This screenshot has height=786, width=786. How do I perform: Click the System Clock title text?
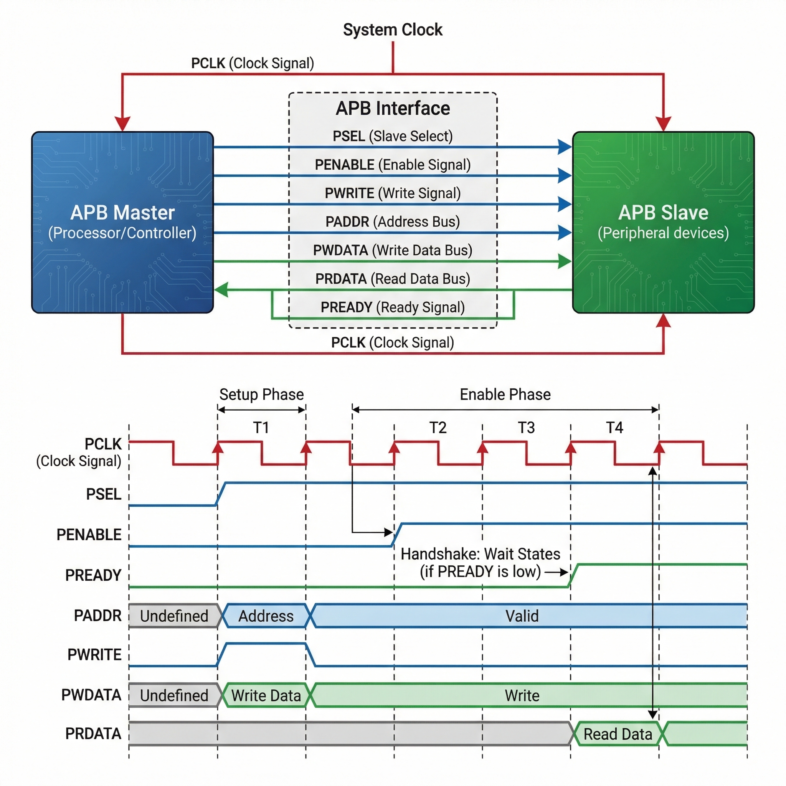click(393, 30)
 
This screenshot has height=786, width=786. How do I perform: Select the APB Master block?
click(122, 222)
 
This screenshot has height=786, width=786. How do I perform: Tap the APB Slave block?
click(663, 222)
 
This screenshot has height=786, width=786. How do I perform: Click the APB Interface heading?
click(393, 108)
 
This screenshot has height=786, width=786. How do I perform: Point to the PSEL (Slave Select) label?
click(393, 136)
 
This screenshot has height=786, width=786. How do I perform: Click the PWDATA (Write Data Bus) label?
click(393, 250)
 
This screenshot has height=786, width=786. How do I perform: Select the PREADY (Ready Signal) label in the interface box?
click(393, 307)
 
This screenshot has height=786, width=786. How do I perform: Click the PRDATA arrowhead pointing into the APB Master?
click(221, 290)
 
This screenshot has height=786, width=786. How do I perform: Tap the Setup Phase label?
click(262, 394)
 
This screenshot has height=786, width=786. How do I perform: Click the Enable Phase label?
click(505, 394)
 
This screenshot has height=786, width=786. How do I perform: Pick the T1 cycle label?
click(261, 428)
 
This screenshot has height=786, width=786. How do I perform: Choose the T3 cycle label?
click(526, 428)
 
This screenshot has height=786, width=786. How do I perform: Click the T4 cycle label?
click(614, 428)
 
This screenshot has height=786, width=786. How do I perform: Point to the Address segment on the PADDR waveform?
click(266, 616)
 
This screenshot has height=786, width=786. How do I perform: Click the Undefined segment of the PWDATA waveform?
click(174, 695)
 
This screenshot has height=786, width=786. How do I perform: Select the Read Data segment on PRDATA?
click(618, 734)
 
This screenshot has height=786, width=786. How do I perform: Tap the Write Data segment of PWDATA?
click(266, 695)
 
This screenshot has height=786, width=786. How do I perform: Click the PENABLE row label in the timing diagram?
click(89, 535)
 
